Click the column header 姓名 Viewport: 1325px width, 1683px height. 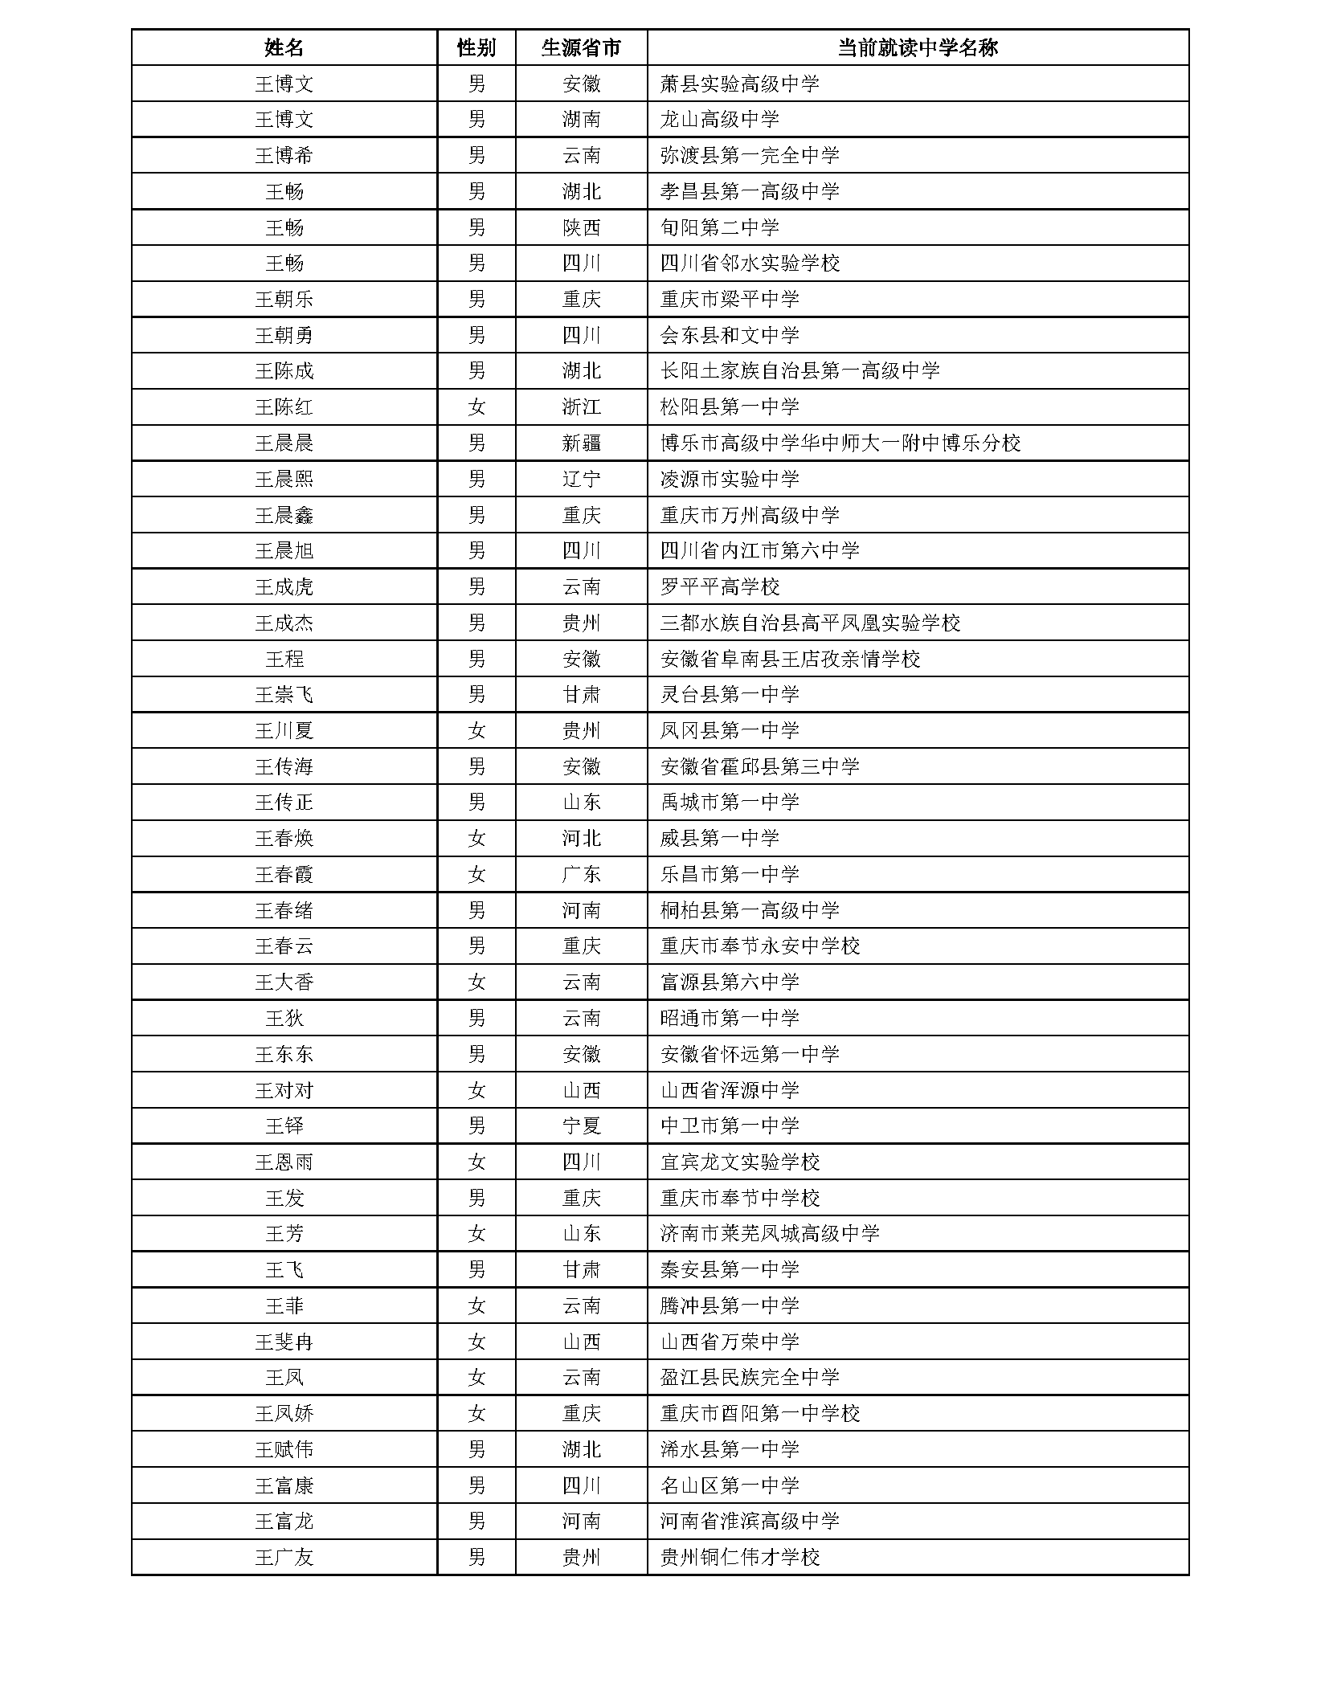(x=284, y=47)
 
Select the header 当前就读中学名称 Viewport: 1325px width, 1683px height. (x=917, y=47)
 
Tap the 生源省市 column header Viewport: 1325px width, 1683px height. (x=581, y=47)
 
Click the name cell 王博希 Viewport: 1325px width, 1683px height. (x=284, y=155)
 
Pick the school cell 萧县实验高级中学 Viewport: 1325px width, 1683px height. (x=739, y=84)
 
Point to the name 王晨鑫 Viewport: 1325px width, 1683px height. (x=284, y=515)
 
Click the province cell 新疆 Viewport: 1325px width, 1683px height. (x=581, y=443)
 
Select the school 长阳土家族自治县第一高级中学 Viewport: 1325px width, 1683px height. (x=799, y=371)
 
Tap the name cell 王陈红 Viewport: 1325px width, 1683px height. (x=284, y=407)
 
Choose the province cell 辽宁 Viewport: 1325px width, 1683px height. (x=581, y=479)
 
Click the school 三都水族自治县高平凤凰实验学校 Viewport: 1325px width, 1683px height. (x=810, y=623)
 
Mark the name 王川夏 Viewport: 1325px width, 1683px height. (x=284, y=730)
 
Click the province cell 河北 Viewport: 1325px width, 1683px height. (x=581, y=839)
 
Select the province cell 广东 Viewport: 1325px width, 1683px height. (x=581, y=874)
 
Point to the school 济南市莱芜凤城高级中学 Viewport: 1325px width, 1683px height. (x=770, y=1233)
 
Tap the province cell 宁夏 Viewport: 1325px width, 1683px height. (x=581, y=1125)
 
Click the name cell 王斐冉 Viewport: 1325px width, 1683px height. (x=284, y=1342)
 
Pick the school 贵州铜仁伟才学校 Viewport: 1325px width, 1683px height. (x=739, y=1558)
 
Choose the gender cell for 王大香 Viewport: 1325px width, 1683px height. (x=476, y=982)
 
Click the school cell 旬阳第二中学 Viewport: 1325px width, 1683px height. (x=719, y=227)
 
